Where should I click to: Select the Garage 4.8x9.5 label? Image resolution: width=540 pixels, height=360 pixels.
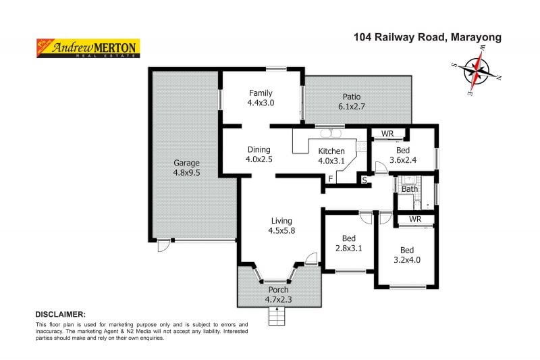click(x=186, y=168)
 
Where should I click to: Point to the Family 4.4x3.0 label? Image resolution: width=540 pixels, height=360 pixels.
click(x=261, y=98)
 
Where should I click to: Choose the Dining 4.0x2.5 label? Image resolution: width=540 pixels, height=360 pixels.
click(x=259, y=155)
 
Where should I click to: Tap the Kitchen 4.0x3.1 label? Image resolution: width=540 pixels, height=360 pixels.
click(x=331, y=155)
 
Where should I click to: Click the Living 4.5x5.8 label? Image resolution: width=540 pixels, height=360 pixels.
click(x=281, y=226)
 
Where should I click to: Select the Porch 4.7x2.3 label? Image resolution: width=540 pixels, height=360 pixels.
click(x=278, y=294)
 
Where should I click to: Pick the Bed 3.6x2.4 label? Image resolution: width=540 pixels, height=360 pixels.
click(x=403, y=155)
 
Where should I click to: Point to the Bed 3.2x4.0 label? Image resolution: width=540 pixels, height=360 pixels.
click(x=406, y=253)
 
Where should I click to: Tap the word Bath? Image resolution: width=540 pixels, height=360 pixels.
click(x=410, y=189)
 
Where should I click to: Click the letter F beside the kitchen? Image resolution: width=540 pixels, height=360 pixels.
click(x=331, y=178)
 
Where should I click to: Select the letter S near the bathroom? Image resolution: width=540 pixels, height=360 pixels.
click(x=364, y=180)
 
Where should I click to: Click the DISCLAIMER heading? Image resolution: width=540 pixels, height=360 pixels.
click(x=60, y=315)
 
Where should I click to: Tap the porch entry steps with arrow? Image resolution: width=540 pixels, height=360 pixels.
click(x=277, y=315)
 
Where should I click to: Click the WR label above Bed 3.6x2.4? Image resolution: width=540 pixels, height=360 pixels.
click(x=387, y=134)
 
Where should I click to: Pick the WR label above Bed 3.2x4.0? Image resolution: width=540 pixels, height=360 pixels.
click(x=415, y=220)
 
